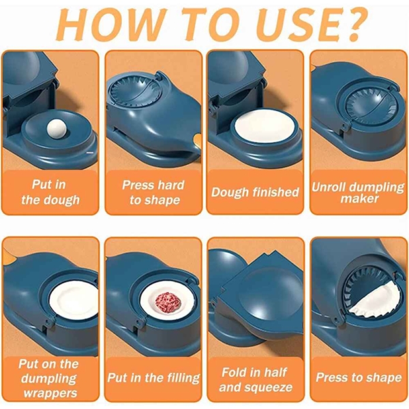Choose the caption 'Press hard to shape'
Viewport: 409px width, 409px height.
click(x=153, y=192)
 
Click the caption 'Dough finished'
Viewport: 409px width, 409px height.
click(x=255, y=192)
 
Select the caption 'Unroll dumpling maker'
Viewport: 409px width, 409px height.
click(x=357, y=192)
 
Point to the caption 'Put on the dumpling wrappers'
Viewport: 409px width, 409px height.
click(x=49, y=378)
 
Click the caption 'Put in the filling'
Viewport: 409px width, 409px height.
click(x=153, y=378)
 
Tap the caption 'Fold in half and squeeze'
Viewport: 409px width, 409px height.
click(x=255, y=380)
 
